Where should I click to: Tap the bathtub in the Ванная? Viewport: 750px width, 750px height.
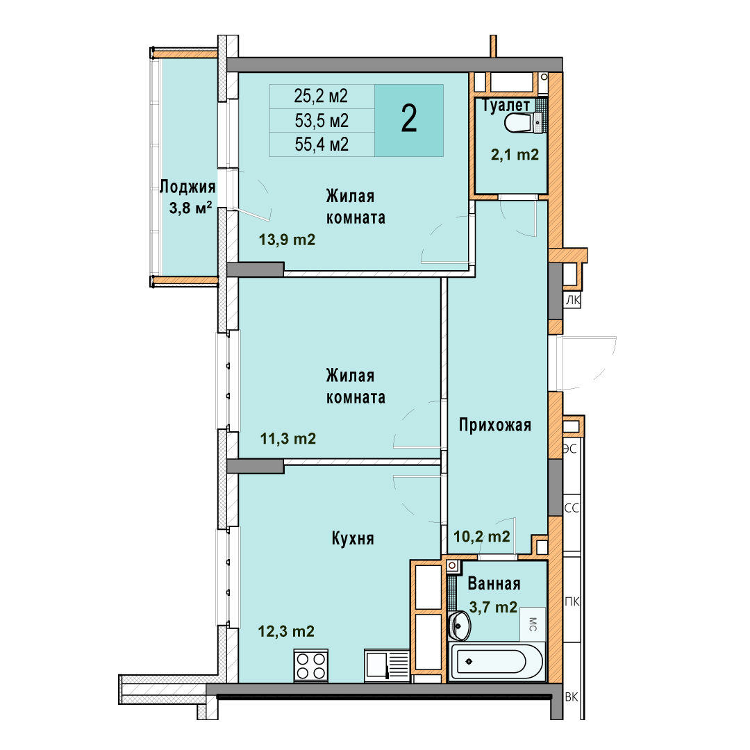click(497, 662)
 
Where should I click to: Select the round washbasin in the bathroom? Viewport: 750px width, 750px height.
click(460, 625)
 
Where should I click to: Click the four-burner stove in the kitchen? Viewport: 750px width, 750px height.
click(311, 666)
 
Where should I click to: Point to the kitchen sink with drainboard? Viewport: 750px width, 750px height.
click(387, 665)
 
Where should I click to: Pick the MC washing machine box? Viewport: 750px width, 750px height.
click(533, 624)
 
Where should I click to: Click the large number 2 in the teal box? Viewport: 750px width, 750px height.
click(409, 119)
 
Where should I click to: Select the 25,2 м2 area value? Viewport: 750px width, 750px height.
click(321, 96)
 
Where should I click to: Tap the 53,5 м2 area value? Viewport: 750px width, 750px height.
click(322, 121)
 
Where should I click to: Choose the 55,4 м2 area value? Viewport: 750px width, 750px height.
click(322, 144)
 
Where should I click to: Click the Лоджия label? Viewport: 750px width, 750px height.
click(187, 187)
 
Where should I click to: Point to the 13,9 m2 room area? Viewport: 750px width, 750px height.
click(287, 239)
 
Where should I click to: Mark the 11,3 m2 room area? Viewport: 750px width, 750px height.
click(288, 438)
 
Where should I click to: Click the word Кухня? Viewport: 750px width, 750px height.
click(353, 539)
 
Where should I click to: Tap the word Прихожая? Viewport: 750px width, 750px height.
click(495, 425)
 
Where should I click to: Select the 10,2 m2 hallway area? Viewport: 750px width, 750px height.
click(482, 536)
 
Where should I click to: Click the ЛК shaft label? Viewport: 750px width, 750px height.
click(573, 301)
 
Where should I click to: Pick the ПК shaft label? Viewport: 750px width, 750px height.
click(572, 601)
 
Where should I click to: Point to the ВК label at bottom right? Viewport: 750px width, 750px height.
click(572, 697)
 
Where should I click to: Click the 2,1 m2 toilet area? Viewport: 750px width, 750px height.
click(515, 154)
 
